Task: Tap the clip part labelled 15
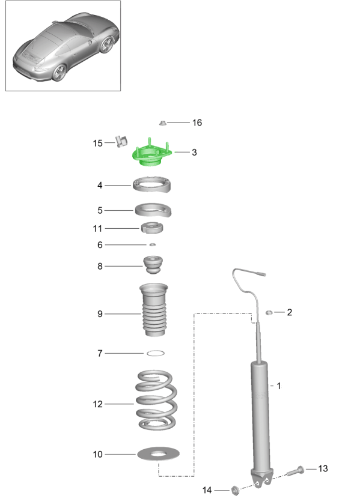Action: click(120, 141)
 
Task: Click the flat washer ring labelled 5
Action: click(153, 211)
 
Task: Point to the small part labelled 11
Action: click(152, 228)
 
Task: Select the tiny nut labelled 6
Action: click(152, 244)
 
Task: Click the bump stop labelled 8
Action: click(153, 265)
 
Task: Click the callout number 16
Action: click(197, 122)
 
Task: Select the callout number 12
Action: click(98, 404)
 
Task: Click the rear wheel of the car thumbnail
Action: click(59, 73)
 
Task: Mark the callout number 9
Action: click(100, 313)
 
